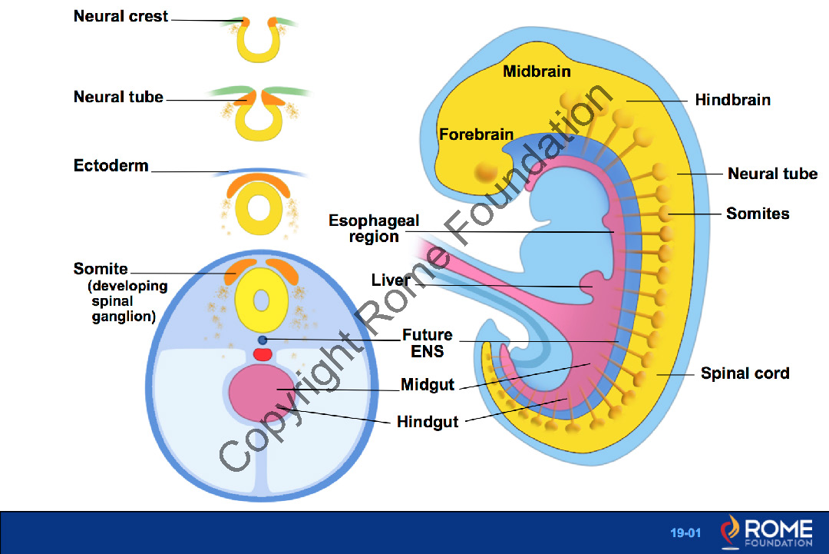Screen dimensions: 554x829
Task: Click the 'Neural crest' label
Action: (121, 16)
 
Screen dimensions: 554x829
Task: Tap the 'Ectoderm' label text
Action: (111, 166)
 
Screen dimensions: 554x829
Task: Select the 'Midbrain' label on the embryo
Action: (537, 71)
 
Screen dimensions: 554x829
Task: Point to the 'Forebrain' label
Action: (476, 135)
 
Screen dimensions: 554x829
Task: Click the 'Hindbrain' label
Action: (732, 100)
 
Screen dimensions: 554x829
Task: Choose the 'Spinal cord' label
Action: (745, 374)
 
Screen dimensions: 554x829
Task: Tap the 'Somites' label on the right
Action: (758, 214)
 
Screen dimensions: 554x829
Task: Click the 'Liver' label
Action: (391, 280)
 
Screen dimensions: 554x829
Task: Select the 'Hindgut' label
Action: (428, 422)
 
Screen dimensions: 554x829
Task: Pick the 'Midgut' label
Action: (428, 385)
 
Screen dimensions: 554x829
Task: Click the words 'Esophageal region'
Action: (374, 229)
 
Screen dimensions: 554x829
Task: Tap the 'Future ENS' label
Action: (427, 343)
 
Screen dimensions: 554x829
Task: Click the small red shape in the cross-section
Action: (263, 354)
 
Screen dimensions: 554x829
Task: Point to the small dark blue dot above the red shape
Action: (263, 340)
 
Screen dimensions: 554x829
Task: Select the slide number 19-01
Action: (685, 532)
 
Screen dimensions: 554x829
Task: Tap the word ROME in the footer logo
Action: (778, 528)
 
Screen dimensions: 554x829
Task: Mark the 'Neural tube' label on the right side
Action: (772, 174)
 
